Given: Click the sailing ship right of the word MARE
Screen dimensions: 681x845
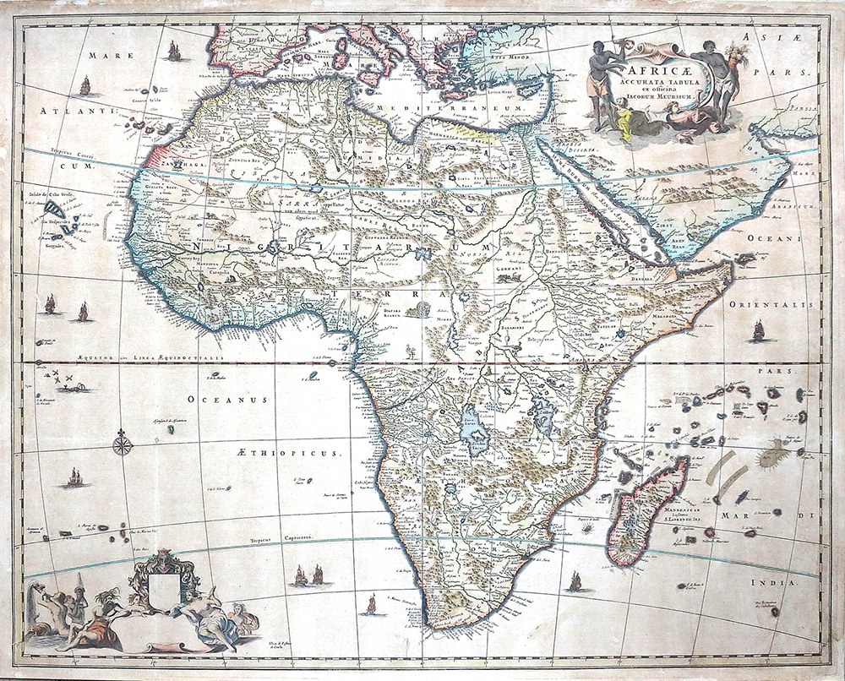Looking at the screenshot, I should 174,52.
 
